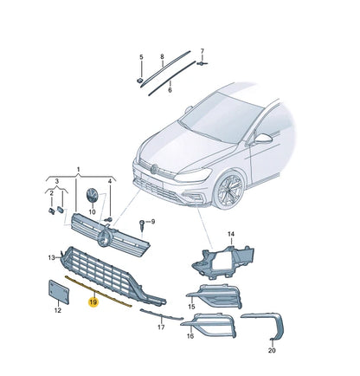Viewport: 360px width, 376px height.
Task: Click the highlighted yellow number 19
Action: pos(93,302)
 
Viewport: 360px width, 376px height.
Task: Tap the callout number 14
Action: pos(231,234)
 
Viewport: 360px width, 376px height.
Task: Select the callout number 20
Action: pos(272,350)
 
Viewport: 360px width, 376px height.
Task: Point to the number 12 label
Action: pos(58,310)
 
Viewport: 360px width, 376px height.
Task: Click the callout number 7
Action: pos(202,51)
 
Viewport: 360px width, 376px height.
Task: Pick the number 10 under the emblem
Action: pos(92,212)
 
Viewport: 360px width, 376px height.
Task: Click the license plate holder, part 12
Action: pos(59,292)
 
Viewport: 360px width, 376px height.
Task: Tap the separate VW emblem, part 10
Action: pos(93,197)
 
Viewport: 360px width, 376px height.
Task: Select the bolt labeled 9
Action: pos(142,225)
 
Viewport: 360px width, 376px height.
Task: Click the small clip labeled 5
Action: pos(139,81)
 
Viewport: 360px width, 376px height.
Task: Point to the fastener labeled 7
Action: pos(202,63)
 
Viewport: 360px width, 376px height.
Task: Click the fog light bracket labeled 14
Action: pos(223,262)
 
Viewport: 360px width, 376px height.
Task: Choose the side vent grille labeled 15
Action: pos(215,295)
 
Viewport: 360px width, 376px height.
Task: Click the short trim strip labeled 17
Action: pos(162,314)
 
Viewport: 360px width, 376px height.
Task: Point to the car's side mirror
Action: pos(262,139)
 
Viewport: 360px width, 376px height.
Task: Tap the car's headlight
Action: pos(193,175)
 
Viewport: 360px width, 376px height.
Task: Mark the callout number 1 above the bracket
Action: pos(78,169)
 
